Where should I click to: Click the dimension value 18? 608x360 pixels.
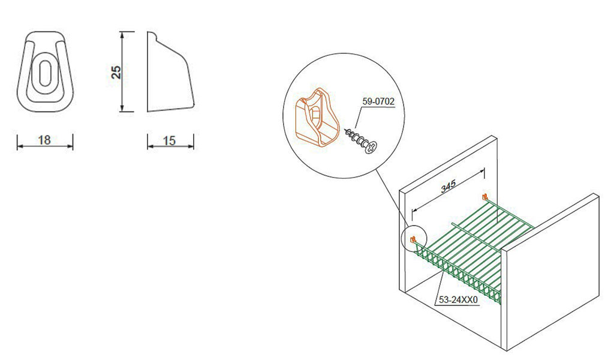click(x=44, y=140)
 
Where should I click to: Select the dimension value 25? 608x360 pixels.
click(x=116, y=72)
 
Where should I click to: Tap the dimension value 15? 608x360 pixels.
click(x=169, y=140)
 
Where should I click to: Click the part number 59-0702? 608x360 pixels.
click(x=378, y=101)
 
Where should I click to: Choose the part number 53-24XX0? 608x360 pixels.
click(x=458, y=300)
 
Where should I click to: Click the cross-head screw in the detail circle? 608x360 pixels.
click(x=362, y=140)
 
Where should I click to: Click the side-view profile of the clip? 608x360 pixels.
click(x=170, y=72)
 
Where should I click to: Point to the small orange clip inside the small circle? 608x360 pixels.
click(x=413, y=240)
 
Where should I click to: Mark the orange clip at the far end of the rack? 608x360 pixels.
click(x=484, y=197)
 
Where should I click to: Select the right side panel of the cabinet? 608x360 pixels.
click(x=550, y=272)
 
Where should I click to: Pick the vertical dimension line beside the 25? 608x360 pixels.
click(x=122, y=72)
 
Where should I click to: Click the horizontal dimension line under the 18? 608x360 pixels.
click(x=45, y=146)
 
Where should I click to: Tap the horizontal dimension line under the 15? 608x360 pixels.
click(x=171, y=146)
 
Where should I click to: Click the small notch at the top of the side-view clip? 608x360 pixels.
click(x=152, y=36)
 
